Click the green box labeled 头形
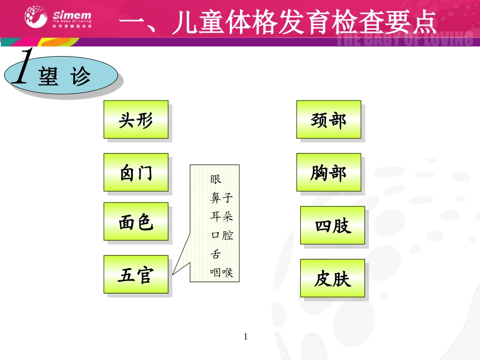click(136, 120)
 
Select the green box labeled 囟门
click(136, 173)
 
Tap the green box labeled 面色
click(136, 222)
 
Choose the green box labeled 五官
click(136, 274)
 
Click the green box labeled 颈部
click(328, 120)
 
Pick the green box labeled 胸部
click(328, 173)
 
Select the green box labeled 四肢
click(332, 225)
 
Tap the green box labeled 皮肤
click(332, 278)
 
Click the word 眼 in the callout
click(216, 179)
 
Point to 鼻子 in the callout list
click(221, 198)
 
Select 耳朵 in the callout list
click(221, 217)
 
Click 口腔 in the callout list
click(221, 235)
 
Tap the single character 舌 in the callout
click(216, 254)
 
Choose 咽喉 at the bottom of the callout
click(221, 273)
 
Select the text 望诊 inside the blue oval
click(64, 77)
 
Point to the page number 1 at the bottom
click(246, 336)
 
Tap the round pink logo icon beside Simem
click(37, 18)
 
